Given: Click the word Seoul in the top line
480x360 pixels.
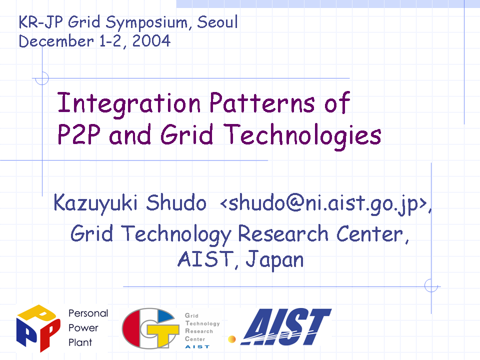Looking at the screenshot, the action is click(217, 22).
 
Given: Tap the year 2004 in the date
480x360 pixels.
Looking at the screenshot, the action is click(151, 40).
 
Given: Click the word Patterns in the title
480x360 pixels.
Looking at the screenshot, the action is click(262, 102).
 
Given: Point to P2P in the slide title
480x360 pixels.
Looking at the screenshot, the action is click(79, 134).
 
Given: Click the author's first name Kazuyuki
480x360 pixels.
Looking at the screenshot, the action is click(95, 203).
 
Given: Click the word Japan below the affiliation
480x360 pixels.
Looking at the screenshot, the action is click(274, 259).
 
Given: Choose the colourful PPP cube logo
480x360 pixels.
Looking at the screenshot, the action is click(38, 328).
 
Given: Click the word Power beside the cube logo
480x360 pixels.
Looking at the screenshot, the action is click(83, 328).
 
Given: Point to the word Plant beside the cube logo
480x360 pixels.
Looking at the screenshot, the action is click(80, 342).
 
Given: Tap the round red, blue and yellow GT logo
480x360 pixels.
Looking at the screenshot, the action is click(150, 328).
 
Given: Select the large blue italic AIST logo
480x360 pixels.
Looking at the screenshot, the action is click(286, 326).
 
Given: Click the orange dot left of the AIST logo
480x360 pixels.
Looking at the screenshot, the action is click(232, 339).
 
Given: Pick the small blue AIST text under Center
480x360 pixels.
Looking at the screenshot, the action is click(197, 347).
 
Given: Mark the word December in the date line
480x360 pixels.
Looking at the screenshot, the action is click(56, 41).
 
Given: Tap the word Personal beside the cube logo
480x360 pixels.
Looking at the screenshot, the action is click(88, 313).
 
